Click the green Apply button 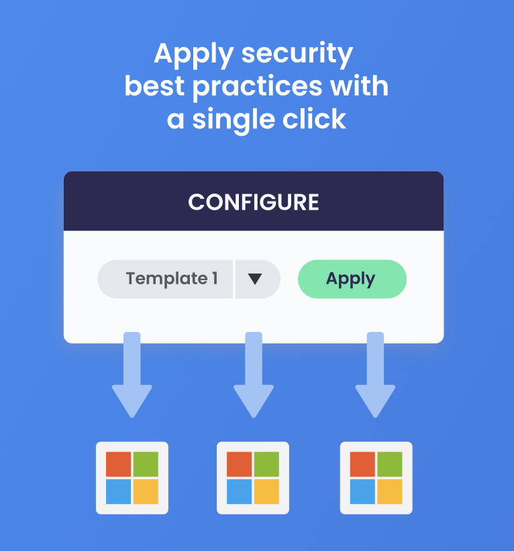[352, 279]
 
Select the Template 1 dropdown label [172, 279]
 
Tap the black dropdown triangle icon [255, 279]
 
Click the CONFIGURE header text [254, 202]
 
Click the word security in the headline [297, 54]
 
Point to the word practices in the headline [257, 87]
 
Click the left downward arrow [132, 374]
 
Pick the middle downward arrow [254, 374]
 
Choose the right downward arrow [375, 374]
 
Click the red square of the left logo [119, 464]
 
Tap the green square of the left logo [146, 464]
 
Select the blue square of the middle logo [240, 491]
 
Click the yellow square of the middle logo [266, 491]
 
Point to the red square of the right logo [362, 464]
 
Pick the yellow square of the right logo [389, 491]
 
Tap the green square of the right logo [389, 464]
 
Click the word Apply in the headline [194, 54]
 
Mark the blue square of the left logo [119, 491]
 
